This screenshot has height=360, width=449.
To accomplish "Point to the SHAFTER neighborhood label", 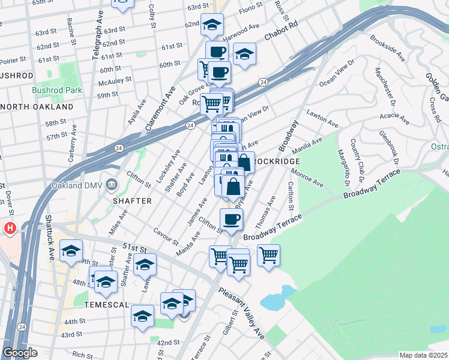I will (x=132, y=201).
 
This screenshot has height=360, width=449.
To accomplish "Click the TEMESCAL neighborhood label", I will (x=106, y=304).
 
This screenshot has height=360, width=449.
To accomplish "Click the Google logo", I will (x=20, y=353).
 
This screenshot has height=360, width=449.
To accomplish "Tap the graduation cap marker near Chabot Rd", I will (x=244, y=54).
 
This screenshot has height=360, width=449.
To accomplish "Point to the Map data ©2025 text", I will (x=423, y=355).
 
